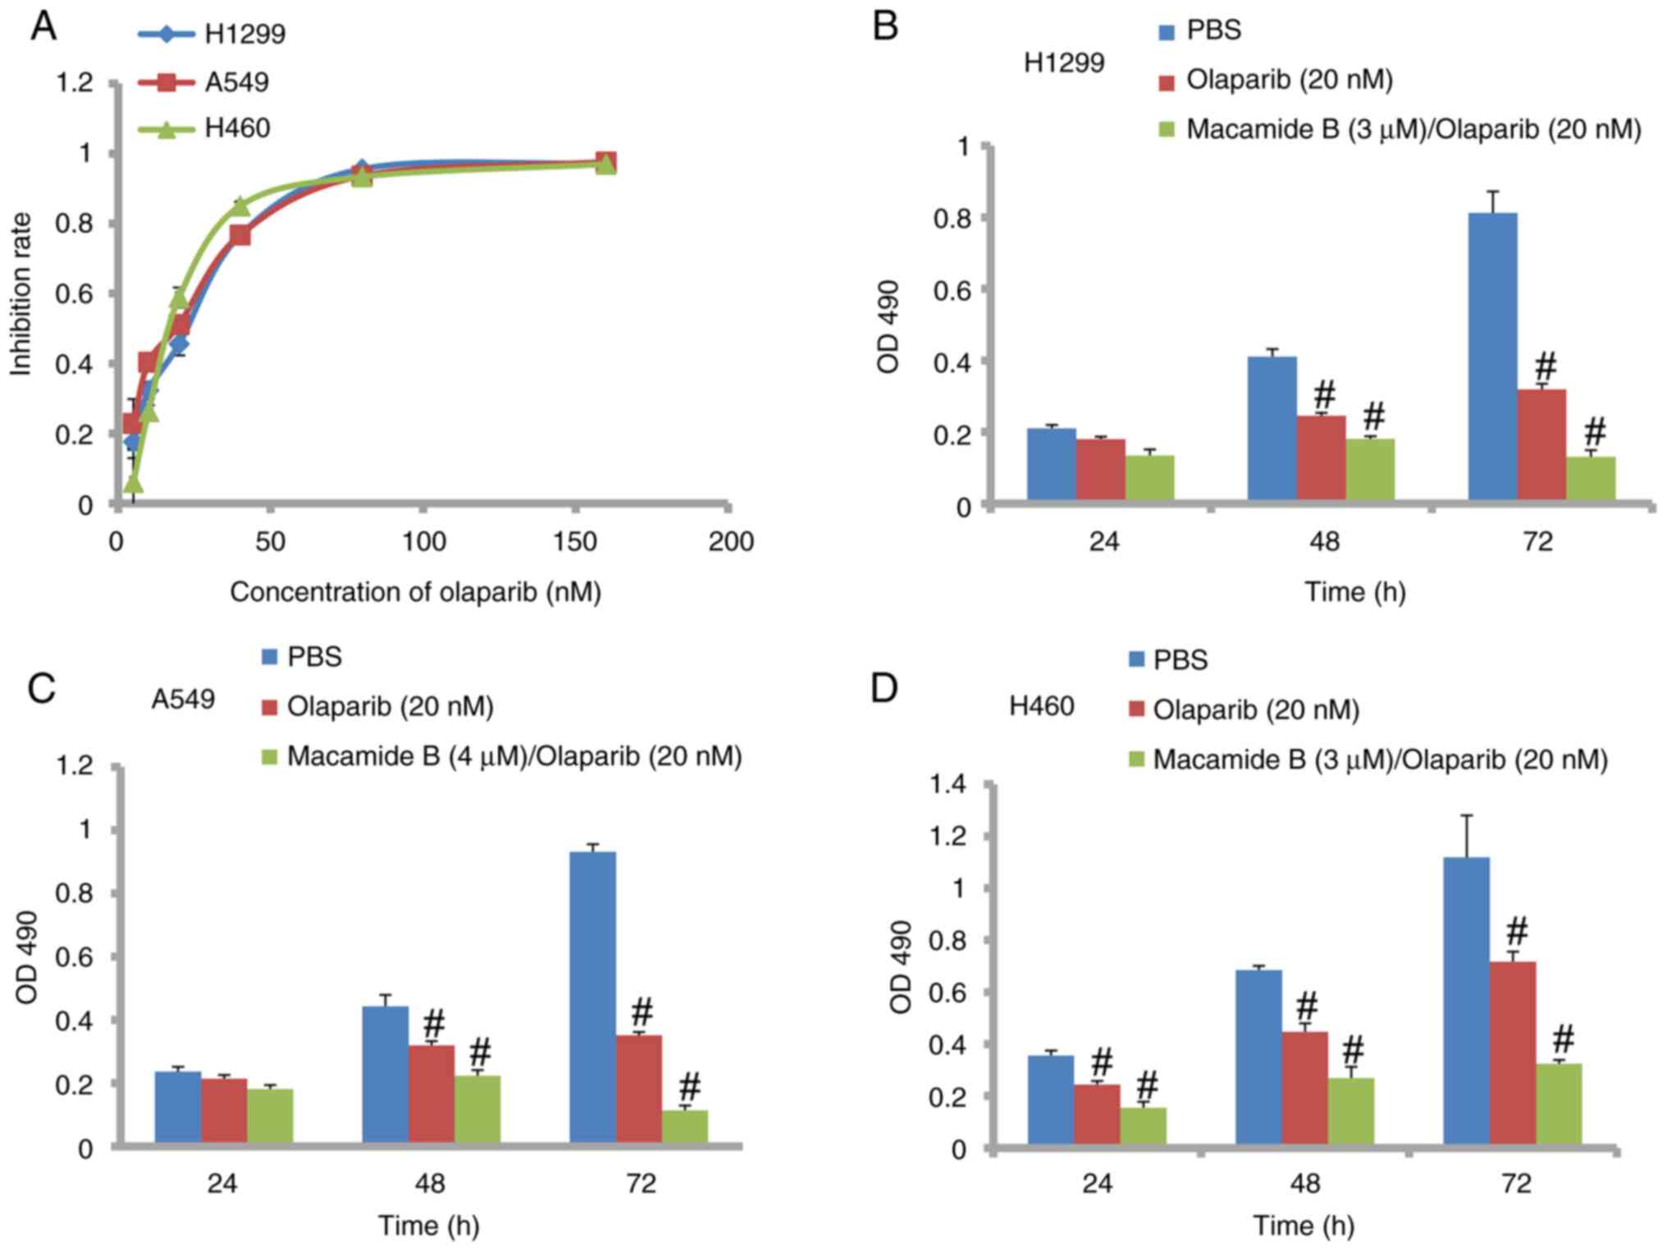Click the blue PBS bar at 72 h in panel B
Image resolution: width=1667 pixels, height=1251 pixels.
coord(1492,357)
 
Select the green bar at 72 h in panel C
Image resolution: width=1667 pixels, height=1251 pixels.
coord(685,1125)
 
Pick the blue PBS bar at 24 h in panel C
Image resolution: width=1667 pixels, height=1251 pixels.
coord(178,1107)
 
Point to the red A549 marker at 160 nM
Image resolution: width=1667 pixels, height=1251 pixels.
coord(605,162)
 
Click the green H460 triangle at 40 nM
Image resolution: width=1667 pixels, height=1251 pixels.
coord(240,205)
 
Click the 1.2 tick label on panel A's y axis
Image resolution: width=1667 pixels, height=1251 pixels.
coord(73,83)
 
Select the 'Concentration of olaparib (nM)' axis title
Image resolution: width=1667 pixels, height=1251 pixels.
coord(415,592)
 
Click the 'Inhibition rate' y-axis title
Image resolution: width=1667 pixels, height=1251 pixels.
coord(21,294)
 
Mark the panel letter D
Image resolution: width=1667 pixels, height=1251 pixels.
coord(884,689)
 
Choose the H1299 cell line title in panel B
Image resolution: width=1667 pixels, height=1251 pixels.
coord(1064,62)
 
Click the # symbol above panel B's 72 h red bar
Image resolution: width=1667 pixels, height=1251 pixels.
coord(1546,365)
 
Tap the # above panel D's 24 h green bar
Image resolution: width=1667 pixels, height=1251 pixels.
coord(1146,1085)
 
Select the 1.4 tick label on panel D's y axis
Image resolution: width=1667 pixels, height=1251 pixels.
coord(948,785)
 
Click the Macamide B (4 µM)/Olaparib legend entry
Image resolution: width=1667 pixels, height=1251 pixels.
coord(514,756)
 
